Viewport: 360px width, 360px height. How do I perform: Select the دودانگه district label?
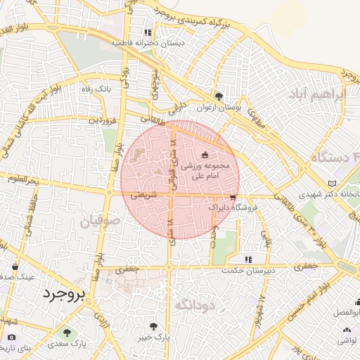click(x=191, y=304)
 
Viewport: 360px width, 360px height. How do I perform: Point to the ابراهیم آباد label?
click(x=321, y=94)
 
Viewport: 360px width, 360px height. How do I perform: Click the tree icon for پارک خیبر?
click(x=154, y=327)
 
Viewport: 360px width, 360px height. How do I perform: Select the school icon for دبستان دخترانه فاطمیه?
click(x=148, y=32)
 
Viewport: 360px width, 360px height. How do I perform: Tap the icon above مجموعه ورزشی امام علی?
click(x=205, y=154)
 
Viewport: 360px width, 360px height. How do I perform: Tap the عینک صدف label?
click(x=17, y=277)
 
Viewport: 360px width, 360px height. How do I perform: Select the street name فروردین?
click(x=102, y=120)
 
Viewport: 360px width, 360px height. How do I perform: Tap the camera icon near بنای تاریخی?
click(x=12, y=337)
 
